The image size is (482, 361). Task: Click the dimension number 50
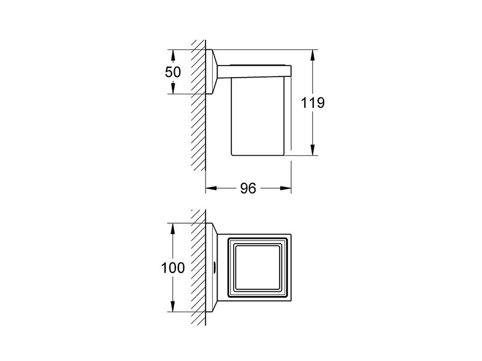(173, 72)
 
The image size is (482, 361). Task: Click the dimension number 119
(312, 102)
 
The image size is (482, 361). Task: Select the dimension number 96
(248, 188)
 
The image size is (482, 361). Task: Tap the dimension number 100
(173, 268)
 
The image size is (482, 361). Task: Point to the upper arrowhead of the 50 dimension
(173, 55)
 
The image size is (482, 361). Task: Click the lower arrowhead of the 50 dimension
(173, 88)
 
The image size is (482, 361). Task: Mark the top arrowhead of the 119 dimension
(313, 55)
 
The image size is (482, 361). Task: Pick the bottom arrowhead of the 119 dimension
(313, 150)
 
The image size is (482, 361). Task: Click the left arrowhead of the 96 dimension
(211, 188)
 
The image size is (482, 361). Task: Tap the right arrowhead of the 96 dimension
(285, 188)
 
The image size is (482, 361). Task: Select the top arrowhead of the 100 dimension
(173, 229)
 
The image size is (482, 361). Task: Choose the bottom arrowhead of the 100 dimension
(173, 306)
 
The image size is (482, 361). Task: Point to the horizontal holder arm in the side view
(254, 71)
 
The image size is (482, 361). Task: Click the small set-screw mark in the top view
(214, 267)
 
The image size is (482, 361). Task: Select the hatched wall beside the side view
(198, 105)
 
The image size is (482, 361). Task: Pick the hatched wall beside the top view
(198, 267)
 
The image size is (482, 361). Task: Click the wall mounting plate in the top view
(211, 267)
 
